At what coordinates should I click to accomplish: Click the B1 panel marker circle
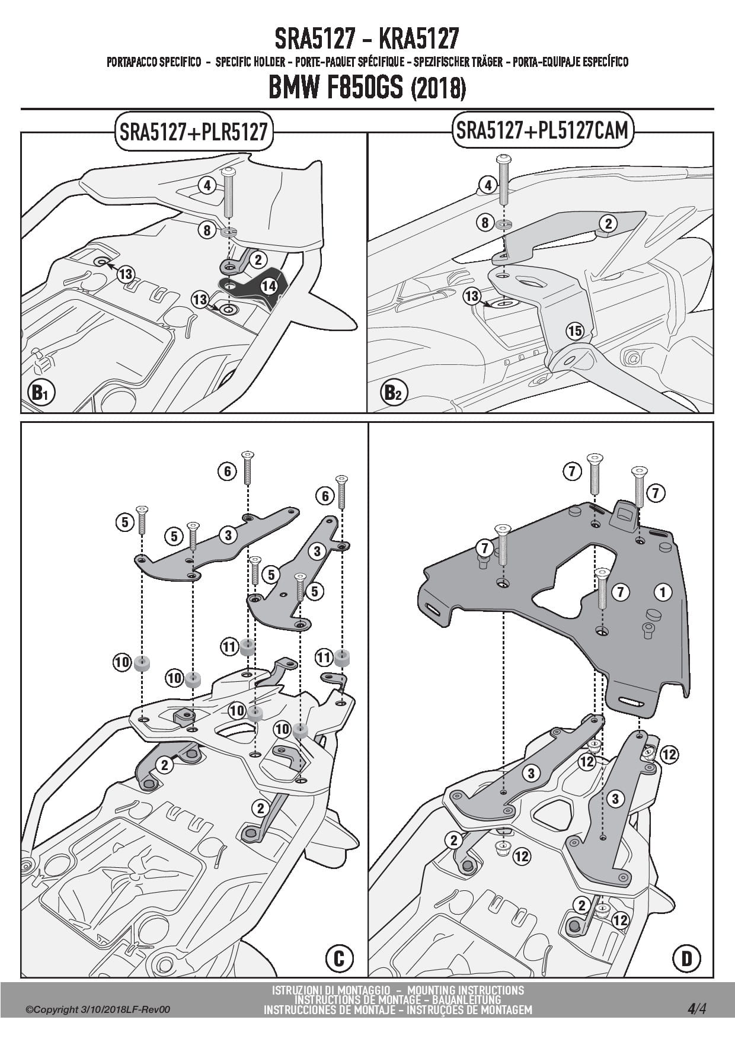point(40,393)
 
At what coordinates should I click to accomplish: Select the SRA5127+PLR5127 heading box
point(193,131)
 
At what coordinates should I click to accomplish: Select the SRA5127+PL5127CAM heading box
point(542,131)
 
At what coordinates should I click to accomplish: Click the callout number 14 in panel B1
point(269,286)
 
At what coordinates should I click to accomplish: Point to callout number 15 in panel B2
point(574,331)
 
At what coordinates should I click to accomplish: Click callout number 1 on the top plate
point(662,591)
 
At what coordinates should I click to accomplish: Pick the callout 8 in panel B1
point(207,230)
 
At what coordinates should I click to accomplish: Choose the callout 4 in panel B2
point(487,185)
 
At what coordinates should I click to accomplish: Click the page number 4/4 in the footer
point(696,1009)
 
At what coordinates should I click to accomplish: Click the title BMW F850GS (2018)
point(367,88)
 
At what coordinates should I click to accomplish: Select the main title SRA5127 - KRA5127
point(367,39)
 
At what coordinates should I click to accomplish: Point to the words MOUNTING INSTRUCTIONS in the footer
point(465,990)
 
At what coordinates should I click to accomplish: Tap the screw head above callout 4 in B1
point(229,172)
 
